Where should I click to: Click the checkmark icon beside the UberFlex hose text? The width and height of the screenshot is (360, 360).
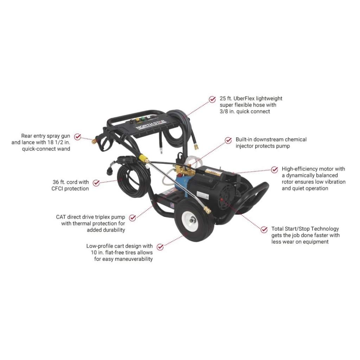[212, 99]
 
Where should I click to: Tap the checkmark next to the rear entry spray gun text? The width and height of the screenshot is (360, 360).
[78, 136]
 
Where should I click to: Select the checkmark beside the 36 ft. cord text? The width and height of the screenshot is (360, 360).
[96, 182]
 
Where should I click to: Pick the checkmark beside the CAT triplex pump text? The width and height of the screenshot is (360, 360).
[132, 218]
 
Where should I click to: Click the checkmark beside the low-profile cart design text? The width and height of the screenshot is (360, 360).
[160, 247]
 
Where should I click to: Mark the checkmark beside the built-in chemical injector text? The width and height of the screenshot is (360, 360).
[229, 140]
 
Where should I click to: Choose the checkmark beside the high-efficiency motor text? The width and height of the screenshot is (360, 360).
[275, 169]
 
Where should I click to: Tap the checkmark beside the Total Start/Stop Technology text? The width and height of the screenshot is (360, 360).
[264, 229]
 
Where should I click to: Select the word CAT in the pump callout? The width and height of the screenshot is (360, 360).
[61, 217]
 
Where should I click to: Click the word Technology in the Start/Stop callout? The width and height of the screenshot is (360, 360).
[324, 229]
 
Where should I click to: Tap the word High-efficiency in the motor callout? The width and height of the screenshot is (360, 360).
[305, 169]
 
